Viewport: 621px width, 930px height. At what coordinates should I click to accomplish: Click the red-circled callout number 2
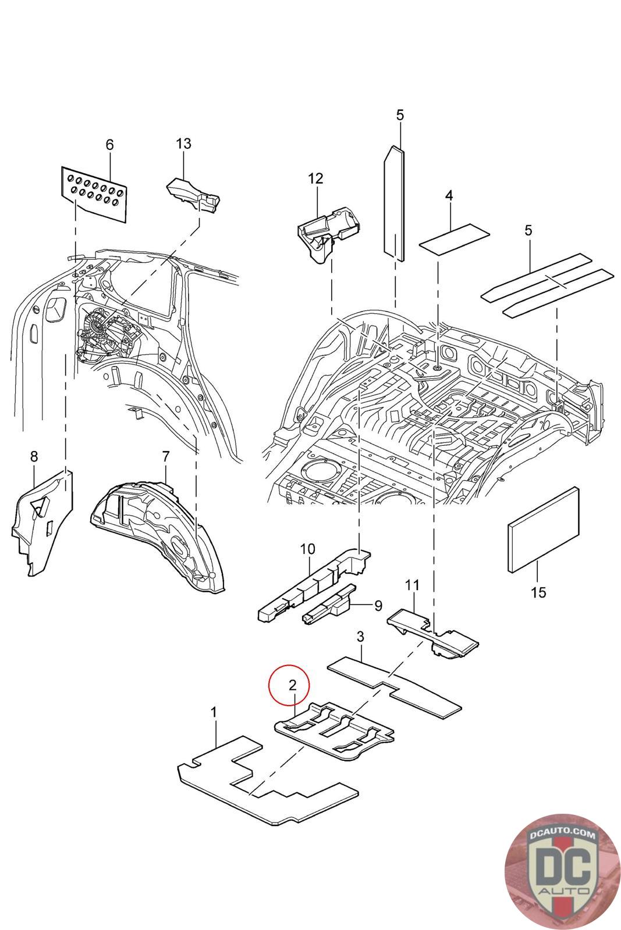[293, 685]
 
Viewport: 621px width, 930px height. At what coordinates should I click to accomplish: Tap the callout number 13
[183, 143]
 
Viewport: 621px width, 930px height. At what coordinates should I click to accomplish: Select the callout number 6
[109, 145]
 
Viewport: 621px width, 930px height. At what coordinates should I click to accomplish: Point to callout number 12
[315, 178]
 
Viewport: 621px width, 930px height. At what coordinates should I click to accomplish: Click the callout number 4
[449, 196]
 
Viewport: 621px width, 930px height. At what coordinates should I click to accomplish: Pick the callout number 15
[538, 592]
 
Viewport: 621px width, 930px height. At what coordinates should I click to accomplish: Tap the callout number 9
[378, 606]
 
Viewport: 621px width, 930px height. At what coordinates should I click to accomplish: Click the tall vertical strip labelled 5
[393, 201]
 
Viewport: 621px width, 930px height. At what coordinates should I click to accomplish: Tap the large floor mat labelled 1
[268, 779]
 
